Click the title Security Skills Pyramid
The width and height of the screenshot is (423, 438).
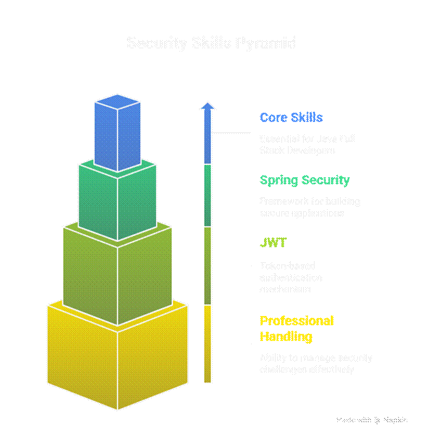[x=211, y=43]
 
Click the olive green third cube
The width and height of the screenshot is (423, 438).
[x=117, y=276]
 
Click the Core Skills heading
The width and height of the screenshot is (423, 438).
[x=291, y=118]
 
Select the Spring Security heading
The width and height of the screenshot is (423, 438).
[x=304, y=180]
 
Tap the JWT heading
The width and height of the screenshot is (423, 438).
[x=273, y=242]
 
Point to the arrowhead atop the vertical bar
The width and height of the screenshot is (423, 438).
[x=207, y=106]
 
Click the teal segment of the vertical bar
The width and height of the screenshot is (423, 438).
[x=207, y=195]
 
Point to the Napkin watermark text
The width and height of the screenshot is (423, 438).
[x=395, y=420]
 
